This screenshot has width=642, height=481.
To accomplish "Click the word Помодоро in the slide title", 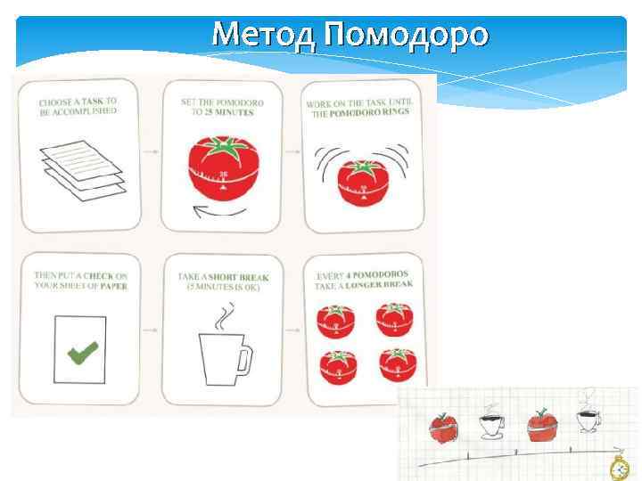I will point(406,35).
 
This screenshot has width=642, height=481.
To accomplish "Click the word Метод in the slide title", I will point(265,35).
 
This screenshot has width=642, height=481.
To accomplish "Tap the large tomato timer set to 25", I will point(224,166).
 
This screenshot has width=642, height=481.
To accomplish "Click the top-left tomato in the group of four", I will point(336,319).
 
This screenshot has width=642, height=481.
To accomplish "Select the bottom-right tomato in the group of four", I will point(397,363).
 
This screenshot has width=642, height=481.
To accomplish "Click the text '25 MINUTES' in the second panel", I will point(226,113).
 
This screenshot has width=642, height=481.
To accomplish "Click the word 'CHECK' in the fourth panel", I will point(109,275).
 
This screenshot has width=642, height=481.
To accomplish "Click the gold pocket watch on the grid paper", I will point(619,468).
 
